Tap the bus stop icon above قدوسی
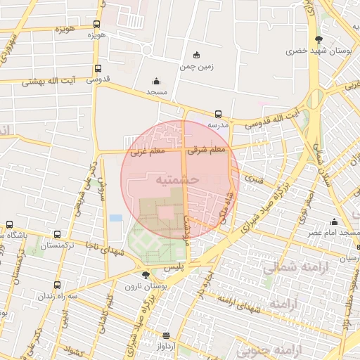coord(97,70)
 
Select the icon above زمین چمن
coord(196,56)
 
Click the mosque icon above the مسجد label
coord(156,81)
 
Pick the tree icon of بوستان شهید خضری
coord(319,39)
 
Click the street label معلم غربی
coord(148,151)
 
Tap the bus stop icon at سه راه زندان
coord(57,285)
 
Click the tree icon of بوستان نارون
coord(145,275)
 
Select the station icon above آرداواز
coord(166,336)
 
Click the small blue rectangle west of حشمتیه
coord(115,218)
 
